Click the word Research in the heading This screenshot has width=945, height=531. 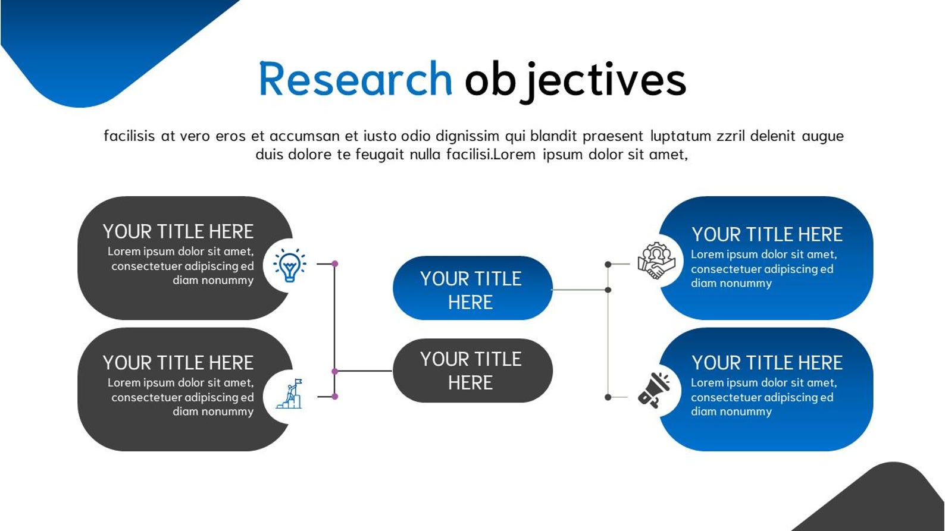click(x=355, y=80)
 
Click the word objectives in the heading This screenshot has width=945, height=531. click(x=575, y=80)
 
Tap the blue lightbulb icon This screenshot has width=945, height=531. click(x=290, y=265)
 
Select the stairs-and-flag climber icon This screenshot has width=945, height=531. click(x=289, y=394)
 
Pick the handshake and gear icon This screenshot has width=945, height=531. click(x=656, y=261)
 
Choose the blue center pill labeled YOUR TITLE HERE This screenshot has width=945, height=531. click(x=472, y=288)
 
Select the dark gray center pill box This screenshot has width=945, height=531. click(x=472, y=370)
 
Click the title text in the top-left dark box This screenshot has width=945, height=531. click(x=178, y=231)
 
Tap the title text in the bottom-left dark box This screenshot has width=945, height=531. click(x=178, y=363)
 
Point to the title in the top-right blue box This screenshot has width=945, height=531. click(x=766, y=234)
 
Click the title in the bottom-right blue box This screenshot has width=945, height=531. click(x=766, y=363)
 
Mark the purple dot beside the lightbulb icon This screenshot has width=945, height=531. click(x=335, y=263)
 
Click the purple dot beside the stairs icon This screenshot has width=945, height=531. click(x=335, y=397)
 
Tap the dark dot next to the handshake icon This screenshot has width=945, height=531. click(x=608, y=264)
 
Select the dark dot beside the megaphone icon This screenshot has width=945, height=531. click(x=608, y=397)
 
